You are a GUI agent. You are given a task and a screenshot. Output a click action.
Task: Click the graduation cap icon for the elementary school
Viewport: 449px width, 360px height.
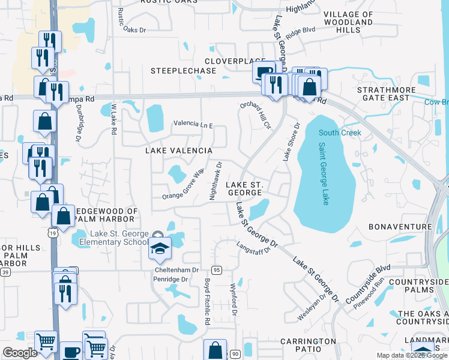tap(160, 248)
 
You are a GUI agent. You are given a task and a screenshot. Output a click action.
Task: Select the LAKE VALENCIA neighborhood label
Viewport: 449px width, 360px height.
tap(179, 151)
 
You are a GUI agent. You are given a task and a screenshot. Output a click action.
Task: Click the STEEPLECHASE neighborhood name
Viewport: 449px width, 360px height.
tap(183, 71)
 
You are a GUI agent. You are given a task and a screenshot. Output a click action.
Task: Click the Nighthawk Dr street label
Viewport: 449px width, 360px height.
tap(215, 180)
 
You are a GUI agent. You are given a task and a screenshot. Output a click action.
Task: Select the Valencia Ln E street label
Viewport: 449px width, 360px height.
tap(193, 124)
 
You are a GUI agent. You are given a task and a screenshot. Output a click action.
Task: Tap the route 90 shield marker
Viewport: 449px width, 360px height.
tap(234, 354)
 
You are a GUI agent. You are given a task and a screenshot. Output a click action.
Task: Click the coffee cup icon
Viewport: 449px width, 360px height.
tap(71, 352)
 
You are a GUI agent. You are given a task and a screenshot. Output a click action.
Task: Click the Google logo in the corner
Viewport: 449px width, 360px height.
tap(20, 353)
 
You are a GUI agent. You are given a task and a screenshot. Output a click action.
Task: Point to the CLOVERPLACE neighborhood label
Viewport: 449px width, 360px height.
tap(230, 61)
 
